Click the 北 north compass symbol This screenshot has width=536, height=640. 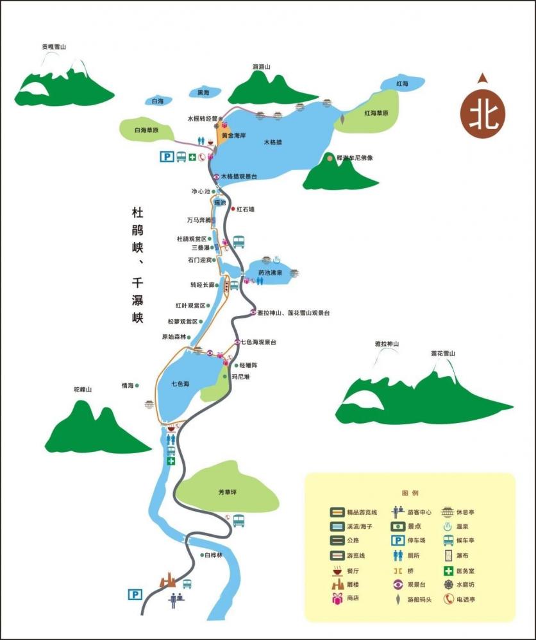(x=482, y=114)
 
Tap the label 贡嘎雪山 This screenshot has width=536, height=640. (x=54, y=47)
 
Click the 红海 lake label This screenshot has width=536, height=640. (x=403, y=84)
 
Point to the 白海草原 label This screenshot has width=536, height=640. (x=146, y=130)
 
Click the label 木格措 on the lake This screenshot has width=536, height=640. (x=274, y=142)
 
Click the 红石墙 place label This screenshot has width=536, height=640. (x=246, y=209)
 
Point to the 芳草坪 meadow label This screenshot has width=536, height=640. (x=228, y=492)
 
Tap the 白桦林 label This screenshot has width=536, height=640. (x=214, y=555)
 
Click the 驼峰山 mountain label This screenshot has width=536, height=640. (x=83, y=390)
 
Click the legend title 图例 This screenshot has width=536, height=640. (x=410, y=493)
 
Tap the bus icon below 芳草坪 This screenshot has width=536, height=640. (x=239, y=521)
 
